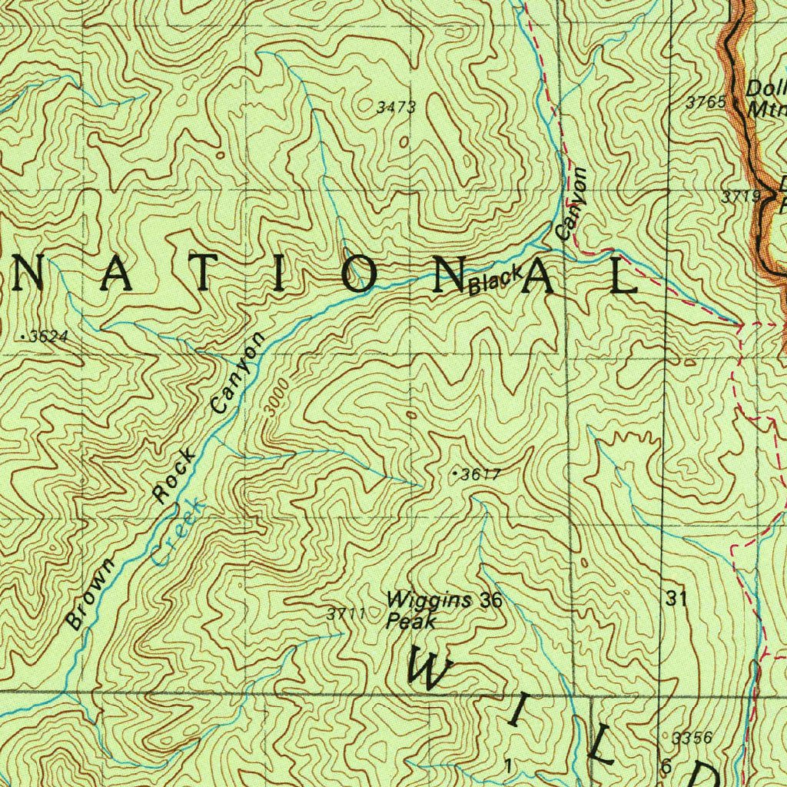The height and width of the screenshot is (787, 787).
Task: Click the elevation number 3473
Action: point(396,108)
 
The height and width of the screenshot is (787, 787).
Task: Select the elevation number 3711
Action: point(343,613)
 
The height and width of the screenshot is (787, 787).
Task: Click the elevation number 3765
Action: point(706,101)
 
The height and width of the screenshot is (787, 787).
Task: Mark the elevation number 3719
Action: point(739,197)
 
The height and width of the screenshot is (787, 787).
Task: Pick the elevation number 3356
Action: point(692,739)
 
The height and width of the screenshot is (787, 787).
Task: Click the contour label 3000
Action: point(277,397)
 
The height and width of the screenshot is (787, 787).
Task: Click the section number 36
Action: point(490,599)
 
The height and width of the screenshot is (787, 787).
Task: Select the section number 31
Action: point(676,599)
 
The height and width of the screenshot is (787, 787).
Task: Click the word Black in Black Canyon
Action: point(496,281)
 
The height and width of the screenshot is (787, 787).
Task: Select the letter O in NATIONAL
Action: point(358,275)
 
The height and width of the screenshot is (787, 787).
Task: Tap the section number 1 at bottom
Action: point(507,765)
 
